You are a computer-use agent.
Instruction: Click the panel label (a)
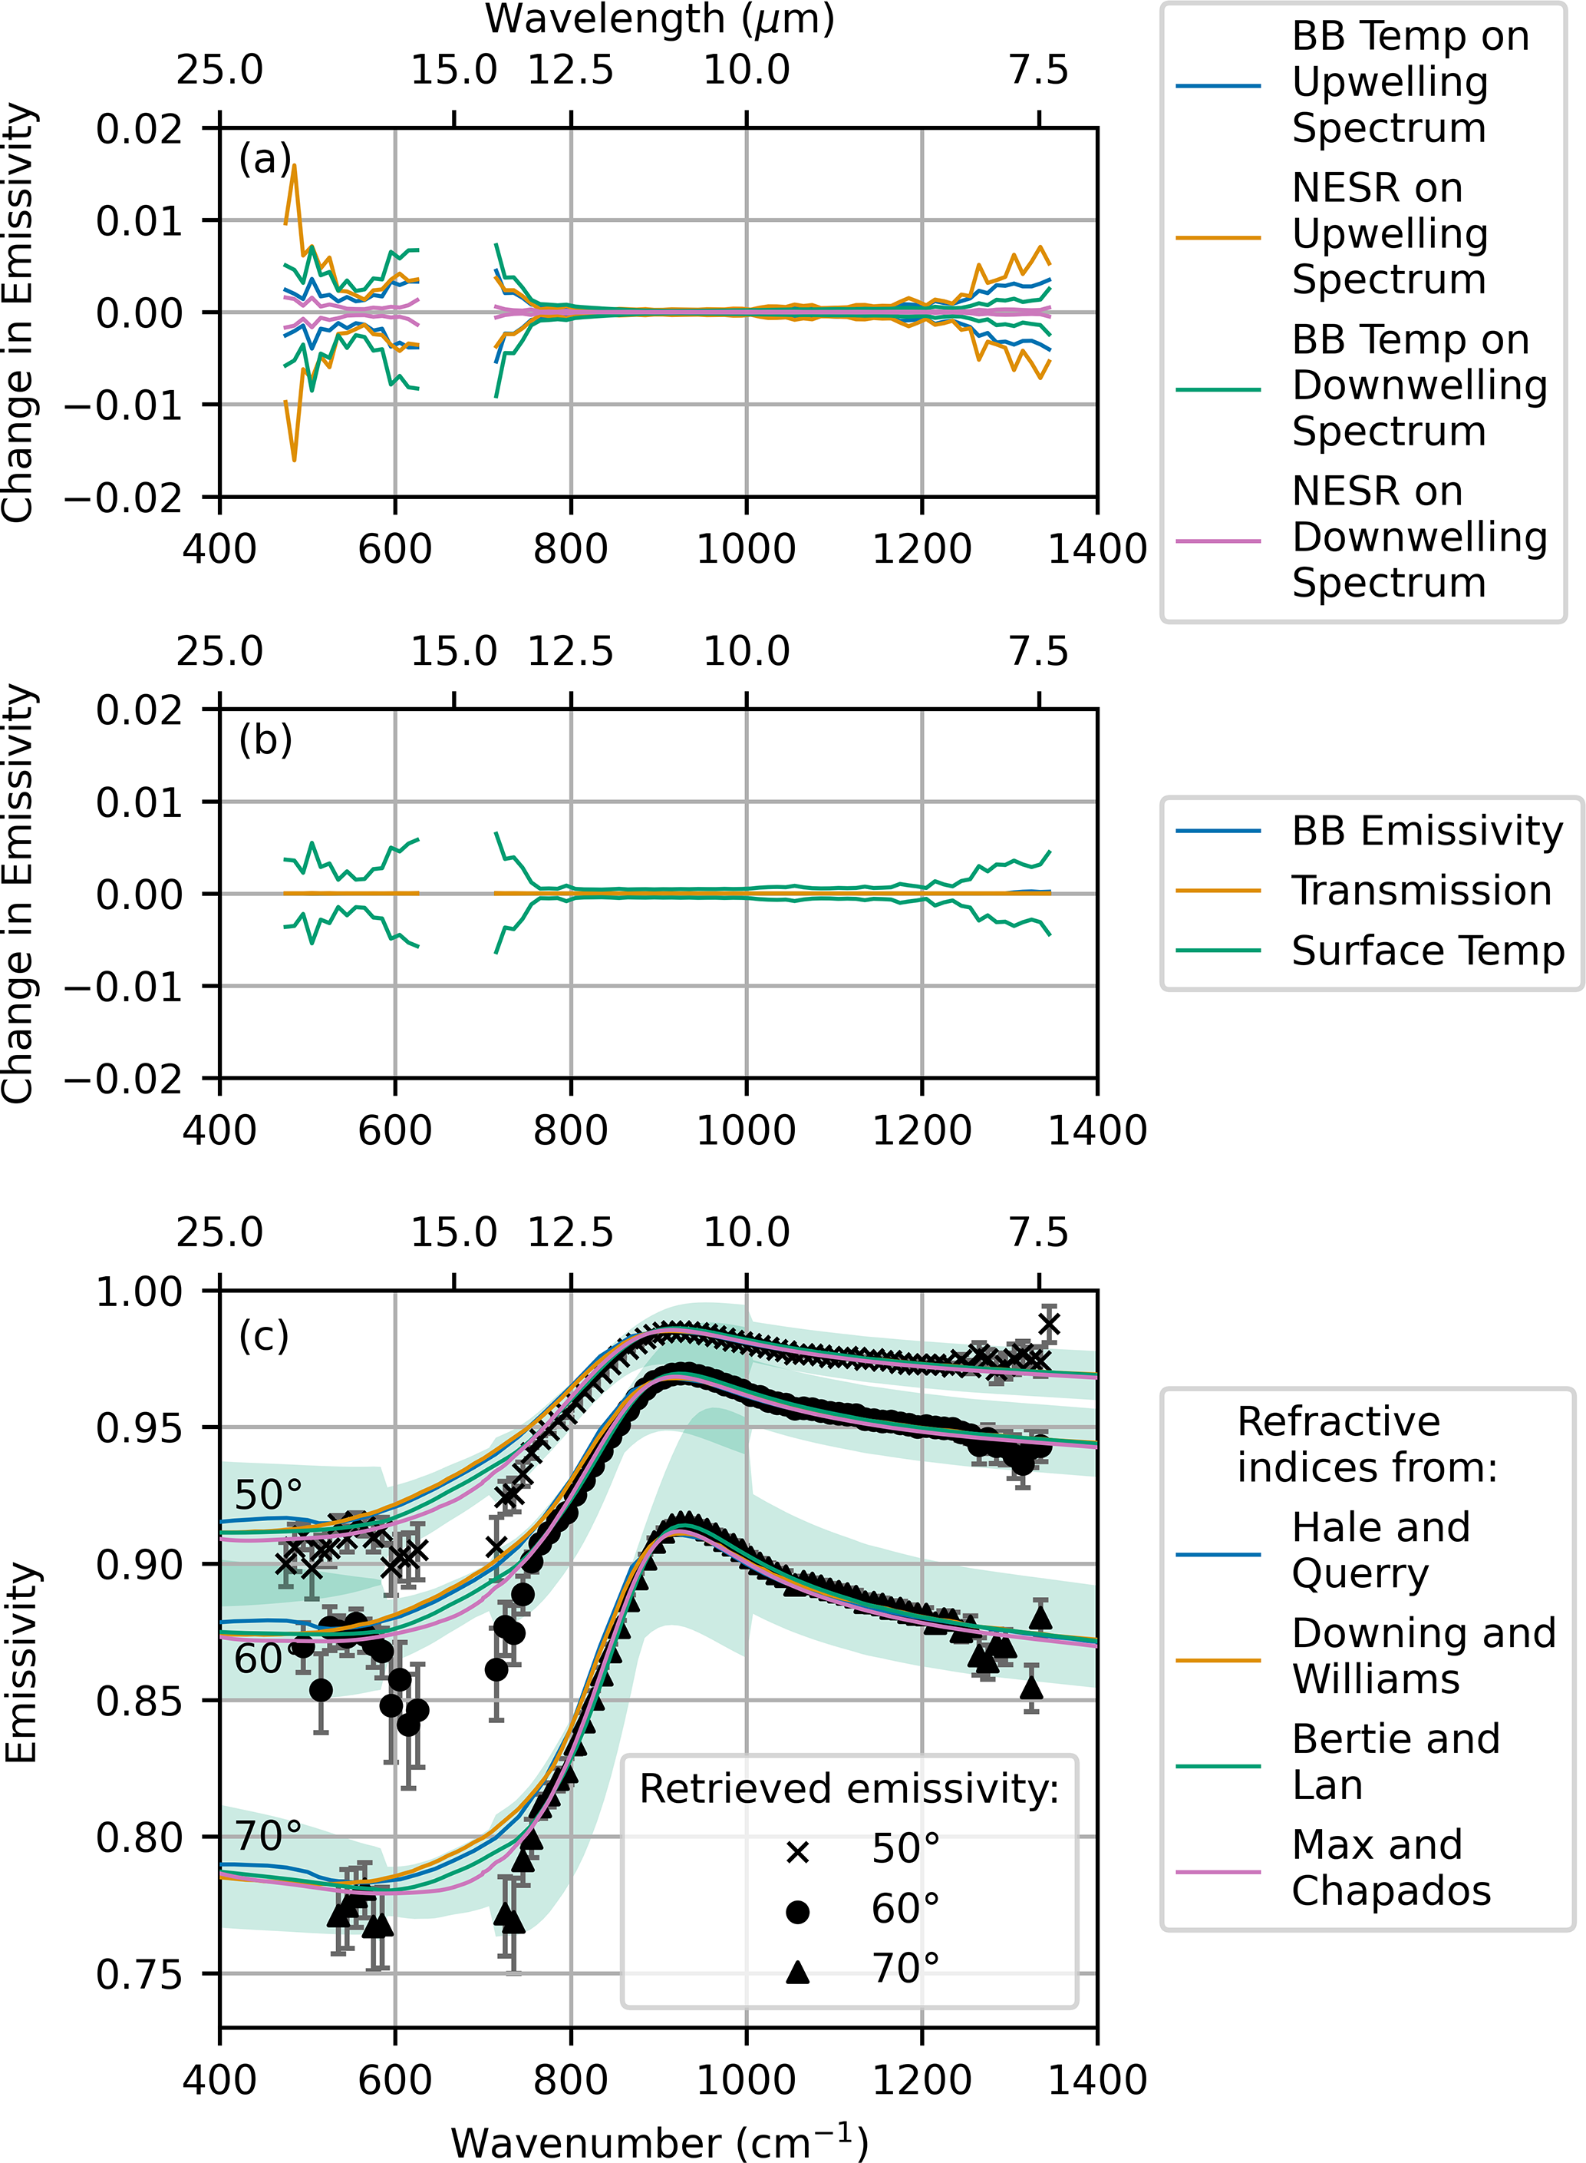[x=264, y=160]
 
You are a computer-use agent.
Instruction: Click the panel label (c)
[x=264, y=1335]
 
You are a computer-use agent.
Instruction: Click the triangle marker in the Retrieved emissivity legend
[x=797, y=1972]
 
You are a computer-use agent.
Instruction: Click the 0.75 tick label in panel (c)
[x=139, y=1975]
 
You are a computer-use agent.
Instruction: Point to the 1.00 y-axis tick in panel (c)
[x=139, y=1292]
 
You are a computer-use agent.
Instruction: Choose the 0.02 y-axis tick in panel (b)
[x=139, y=711]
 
